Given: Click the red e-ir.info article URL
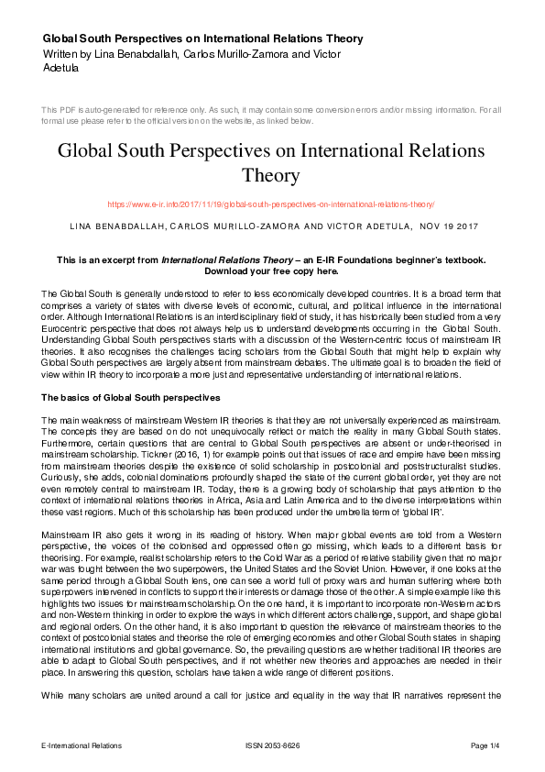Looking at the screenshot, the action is [x=271, y=204].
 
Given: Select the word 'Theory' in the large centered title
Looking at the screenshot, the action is [x=272, y=174].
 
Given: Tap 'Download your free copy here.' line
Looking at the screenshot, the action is [x=271, y=272].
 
